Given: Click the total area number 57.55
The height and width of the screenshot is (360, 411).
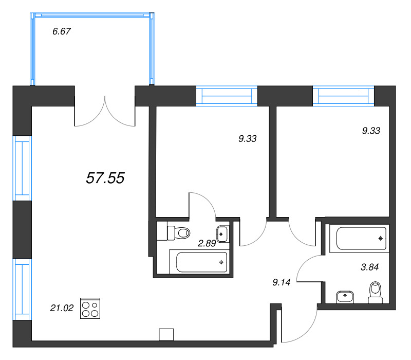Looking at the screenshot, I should click(x=105, y=178).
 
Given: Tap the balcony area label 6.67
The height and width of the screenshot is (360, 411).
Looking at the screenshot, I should click(x=61, y=31).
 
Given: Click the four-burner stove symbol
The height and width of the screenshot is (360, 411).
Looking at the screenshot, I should click(x=91, y=309).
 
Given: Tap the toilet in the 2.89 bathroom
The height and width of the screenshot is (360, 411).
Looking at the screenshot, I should click(x=177, y=233).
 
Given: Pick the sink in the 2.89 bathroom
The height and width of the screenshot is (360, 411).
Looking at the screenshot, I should click(x=222, y=233).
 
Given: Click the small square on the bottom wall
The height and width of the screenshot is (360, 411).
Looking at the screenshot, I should click(x=166, y=334).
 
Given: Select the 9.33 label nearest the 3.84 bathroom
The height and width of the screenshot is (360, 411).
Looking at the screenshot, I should click(x=371, y=131).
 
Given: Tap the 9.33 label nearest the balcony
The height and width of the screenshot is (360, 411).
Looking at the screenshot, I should click(x=247, y=138).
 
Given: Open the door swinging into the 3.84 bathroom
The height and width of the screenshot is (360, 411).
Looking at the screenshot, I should click(x=308, y=268).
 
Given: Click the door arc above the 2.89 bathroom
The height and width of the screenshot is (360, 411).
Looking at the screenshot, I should click(x=203, y=203).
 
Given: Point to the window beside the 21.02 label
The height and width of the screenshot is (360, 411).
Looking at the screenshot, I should click(x=22, y=289).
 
